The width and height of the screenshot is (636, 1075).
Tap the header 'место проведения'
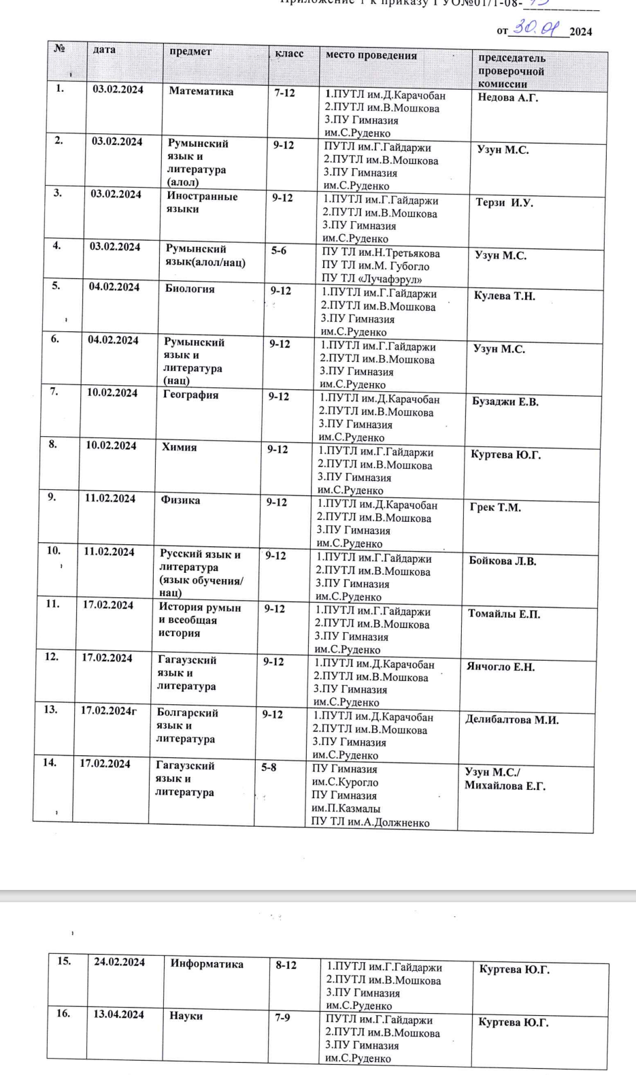(371, 55)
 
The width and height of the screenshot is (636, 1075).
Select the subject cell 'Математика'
(201, 92)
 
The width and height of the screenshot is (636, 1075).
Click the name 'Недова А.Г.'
(507, 98)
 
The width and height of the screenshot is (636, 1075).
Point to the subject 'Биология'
(190, 289)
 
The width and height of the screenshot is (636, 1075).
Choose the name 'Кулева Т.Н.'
(504, 296)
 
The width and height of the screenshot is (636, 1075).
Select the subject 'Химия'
(179, 447)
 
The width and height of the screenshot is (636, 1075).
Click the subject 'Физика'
(180, 500)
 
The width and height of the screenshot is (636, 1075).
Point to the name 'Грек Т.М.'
(495, 508)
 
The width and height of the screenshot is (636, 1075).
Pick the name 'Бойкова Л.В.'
(502, 561)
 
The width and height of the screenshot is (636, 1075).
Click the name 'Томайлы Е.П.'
(503, 614)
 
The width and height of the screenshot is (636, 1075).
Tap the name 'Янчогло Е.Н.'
(500, 667)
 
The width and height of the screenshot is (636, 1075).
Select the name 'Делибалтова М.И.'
(512, 720)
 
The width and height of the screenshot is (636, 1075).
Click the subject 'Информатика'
(207, 963)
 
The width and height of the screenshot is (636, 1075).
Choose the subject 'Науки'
(186, 1016)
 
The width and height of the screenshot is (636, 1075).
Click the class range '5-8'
(269, 767)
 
